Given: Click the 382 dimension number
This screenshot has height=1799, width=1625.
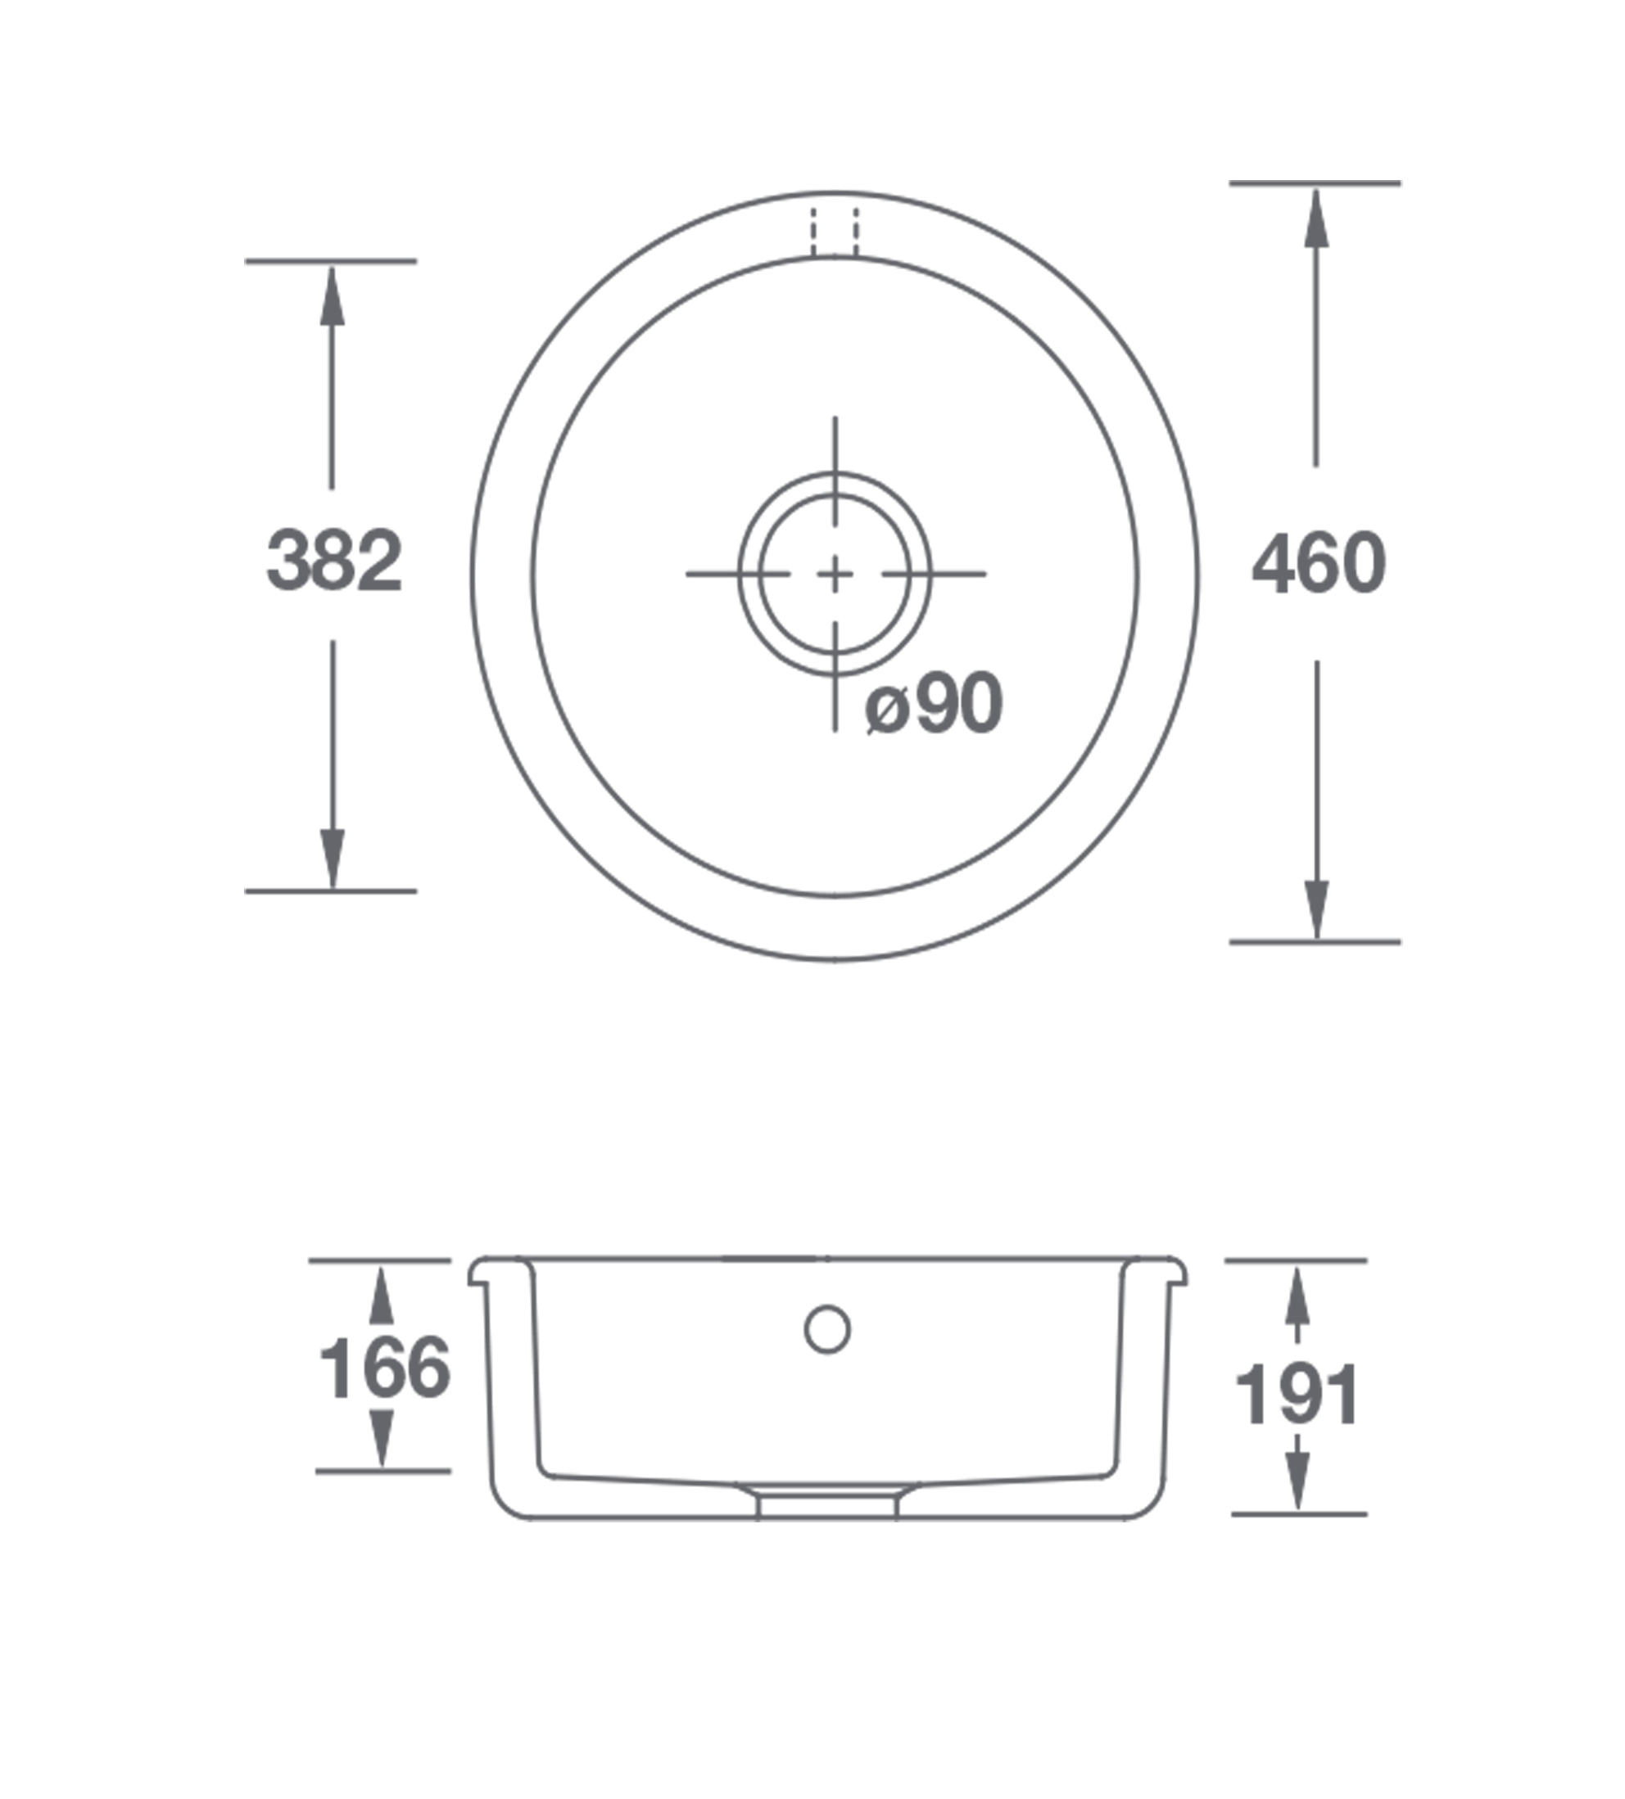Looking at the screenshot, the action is click(x=335, y=561).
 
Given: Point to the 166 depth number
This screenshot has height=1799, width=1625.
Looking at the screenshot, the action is click(x=385, y=1368).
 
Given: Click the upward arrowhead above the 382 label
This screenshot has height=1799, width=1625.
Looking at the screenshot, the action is click(x=333, y=296).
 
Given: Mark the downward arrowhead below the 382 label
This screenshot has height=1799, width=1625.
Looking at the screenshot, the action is click(x=333, y=859).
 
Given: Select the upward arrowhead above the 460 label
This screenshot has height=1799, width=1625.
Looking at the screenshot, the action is click(x=1316, y=218).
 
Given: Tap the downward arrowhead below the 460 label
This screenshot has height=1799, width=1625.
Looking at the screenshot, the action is click(x=1316, y=910).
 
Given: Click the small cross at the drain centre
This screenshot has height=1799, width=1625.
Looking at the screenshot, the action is click(x=835, y=574).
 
